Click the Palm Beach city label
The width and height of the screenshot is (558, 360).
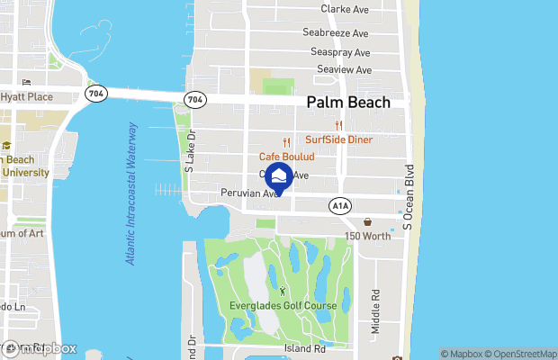pos(348,103)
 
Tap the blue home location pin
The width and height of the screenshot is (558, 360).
pos(281,177)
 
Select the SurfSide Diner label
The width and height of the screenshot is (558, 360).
pos(339,139)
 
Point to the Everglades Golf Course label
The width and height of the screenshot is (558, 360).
pos(283,306)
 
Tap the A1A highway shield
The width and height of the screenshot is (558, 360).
pos(339,206)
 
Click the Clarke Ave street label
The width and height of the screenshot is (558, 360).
pos(345,9)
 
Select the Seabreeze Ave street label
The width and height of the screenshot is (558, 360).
pos(336,32)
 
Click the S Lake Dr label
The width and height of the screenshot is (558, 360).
pos(190,149)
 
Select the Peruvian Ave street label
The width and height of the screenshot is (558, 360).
pos(254,193)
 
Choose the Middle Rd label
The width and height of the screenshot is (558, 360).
pos(376,309)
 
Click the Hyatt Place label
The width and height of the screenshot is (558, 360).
pos(26,96)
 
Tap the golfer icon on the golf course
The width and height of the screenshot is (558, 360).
pos(283,292)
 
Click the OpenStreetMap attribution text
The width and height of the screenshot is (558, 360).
pos(520,354)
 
